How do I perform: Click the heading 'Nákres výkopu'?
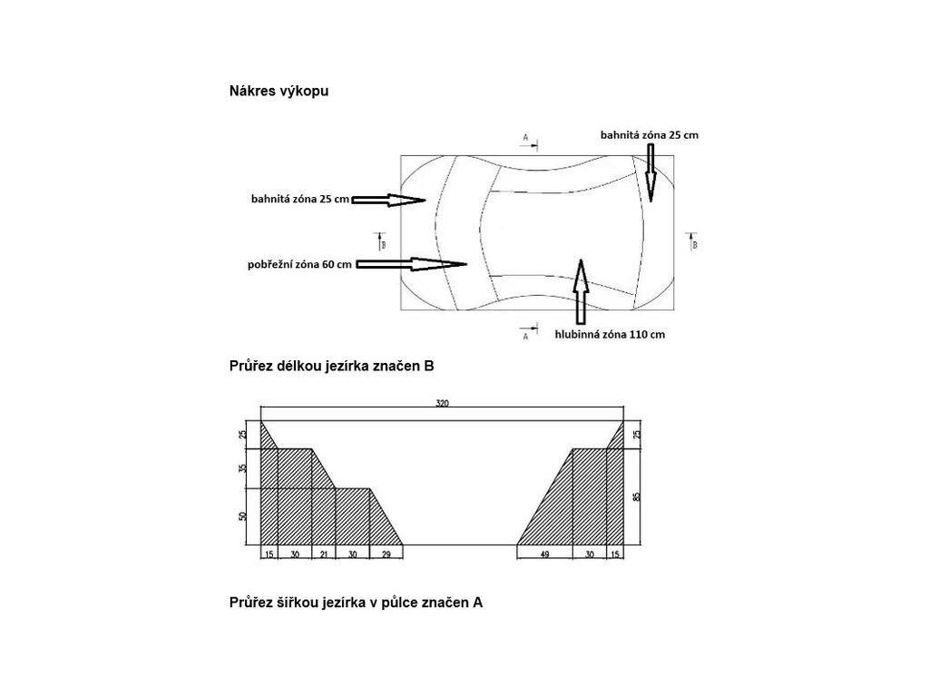click(279, 91)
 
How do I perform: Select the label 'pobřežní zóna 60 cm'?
click(298, 265)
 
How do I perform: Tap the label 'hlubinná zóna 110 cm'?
click(610, 334)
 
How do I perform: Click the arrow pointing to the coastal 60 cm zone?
click(414, 264)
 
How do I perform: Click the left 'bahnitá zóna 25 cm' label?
click(300, 199)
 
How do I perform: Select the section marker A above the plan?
click(525, 138)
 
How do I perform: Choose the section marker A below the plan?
click(525, 336)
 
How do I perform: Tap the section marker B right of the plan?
click(694, 243)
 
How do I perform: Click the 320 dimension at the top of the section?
click(443, 403)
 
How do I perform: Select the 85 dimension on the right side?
click(638, 496)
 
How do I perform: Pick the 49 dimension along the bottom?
click(544, 554)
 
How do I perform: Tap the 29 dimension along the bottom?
click(386, 554)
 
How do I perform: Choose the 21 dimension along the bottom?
click(324, 554)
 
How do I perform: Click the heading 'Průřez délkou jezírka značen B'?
click(331, 367)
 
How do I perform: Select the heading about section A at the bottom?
click(356, 602)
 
